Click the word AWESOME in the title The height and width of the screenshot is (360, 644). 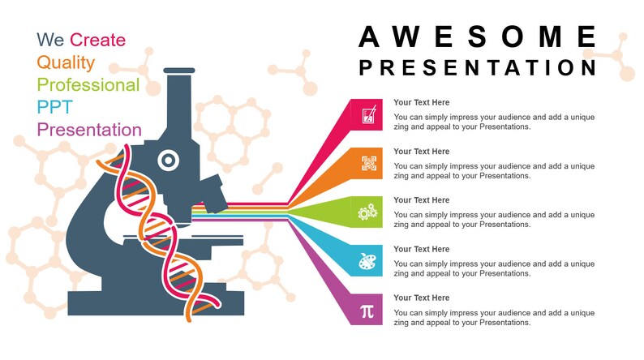(x=479, y=37)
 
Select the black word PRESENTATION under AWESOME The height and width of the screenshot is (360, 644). (x=479, y=67)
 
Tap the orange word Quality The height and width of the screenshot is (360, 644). (x=66, y=62)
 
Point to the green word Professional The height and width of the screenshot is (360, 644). (x=88, y=85)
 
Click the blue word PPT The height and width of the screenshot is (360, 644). (x=55, y=107)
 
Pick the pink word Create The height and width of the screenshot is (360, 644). (x=97, y=40)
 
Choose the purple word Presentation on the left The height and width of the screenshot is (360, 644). (x=89, y=130)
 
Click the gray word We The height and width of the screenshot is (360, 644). (x=50, y=40)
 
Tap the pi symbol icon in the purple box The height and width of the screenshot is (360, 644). (x=367, y=310)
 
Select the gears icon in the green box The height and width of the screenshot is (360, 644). (x=367, y=212)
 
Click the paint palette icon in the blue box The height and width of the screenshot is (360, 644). (x=367, y=261)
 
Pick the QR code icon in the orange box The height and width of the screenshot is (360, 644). (x=369, y=163)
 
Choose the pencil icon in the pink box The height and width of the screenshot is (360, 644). (x=368, y=114)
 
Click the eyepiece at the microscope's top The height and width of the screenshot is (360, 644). (x=180, y=72)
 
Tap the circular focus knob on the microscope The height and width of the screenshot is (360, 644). (x=168, y=159)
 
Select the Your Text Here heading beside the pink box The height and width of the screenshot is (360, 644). (x=421, y=103)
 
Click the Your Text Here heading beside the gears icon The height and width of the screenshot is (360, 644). (x=421, y=200)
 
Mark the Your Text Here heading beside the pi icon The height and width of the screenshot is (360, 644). (x=421, y=298)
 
